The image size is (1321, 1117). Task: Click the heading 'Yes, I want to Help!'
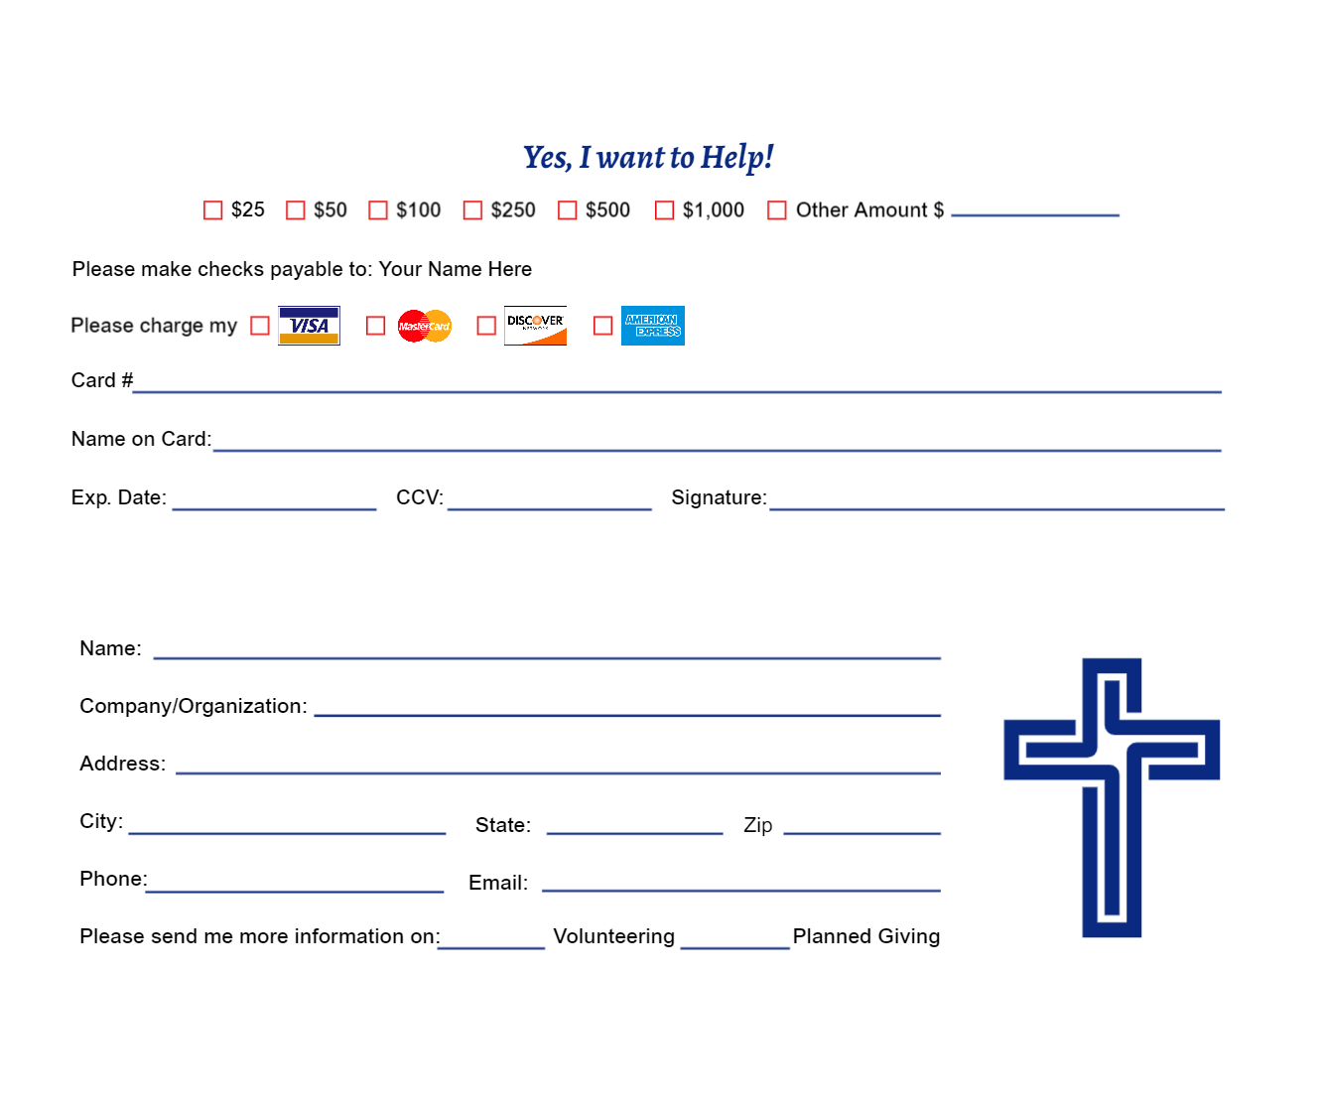(647, 157)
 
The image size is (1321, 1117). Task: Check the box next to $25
(212, 210)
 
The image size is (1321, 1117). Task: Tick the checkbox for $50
(295, 210)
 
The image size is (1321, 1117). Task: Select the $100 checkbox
(377, 210)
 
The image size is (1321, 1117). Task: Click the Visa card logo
(309, 326)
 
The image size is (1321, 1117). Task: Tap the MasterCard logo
(425, 326)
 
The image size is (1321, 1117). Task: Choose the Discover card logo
(535, 326)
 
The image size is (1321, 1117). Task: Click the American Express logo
(652, 326)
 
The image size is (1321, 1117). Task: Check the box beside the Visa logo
(260, 326)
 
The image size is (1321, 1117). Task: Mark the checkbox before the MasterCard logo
(375, 326)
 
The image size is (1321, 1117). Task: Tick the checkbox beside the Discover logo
(486, 326)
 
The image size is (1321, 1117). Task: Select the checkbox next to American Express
(603, 326)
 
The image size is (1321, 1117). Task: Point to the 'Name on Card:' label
(143, 439)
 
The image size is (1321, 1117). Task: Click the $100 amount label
(418, 210)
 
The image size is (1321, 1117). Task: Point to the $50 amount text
(330, 210)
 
